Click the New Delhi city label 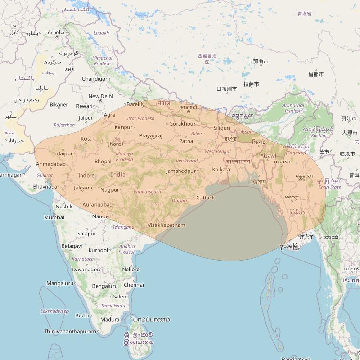(101, 96)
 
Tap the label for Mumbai (54, 217)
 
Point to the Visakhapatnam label (166, 225)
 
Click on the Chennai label (134, 285)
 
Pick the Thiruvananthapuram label (70, 332)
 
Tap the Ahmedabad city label (51, 164)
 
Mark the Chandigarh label (96, 79)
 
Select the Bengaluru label (105, 286)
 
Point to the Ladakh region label (101, 33)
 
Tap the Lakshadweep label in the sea (55, 311)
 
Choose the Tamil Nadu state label (113, 306)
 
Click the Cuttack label (205, 198)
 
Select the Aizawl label (268, 155)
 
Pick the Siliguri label (222, 128)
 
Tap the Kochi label (82, 315)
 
